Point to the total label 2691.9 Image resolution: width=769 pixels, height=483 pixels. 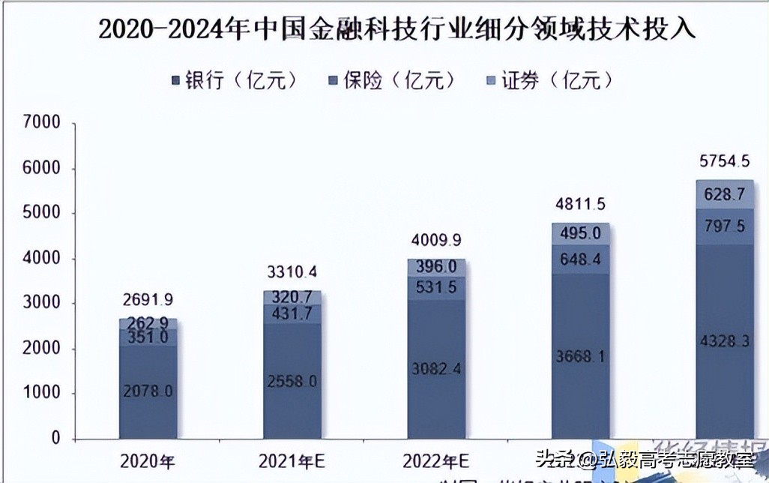(x=148, y=300)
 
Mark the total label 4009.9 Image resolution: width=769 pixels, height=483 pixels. (x=436, y=241)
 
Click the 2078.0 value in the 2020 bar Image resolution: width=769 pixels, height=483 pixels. (x=148, y=390)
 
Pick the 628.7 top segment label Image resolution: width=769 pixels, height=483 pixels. (x=724, y=196)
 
